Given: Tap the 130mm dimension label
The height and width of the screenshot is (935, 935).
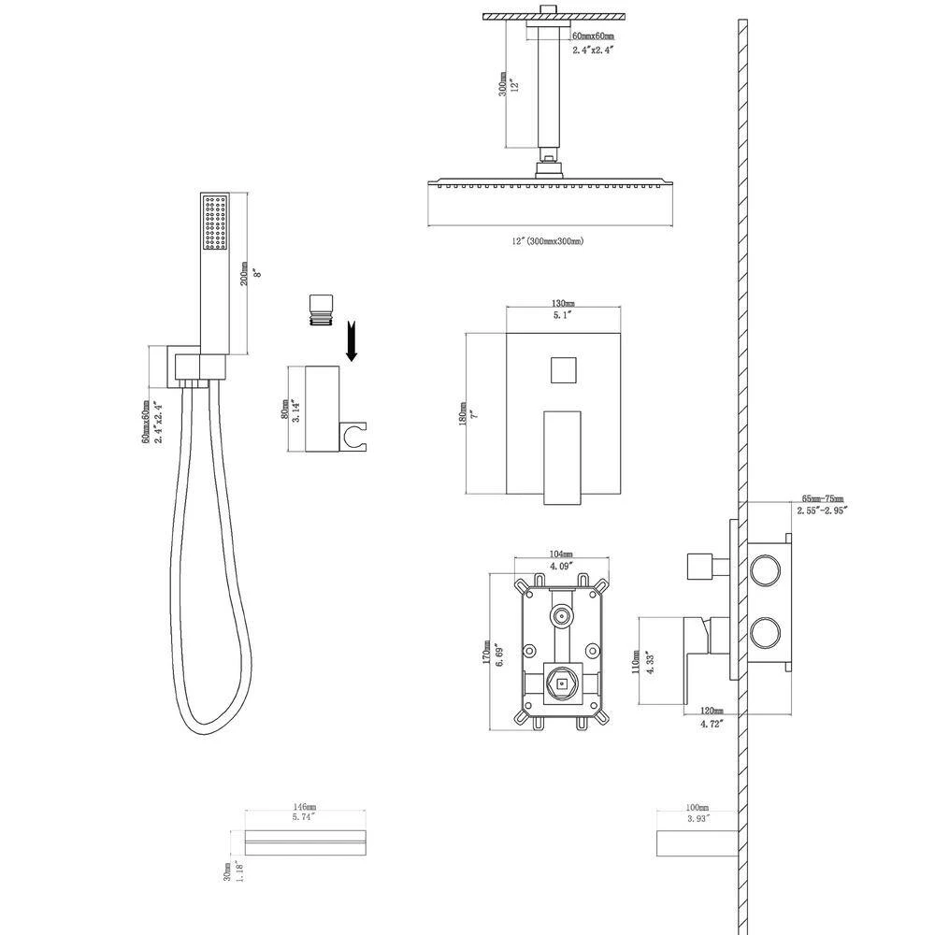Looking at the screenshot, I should pos(563,303).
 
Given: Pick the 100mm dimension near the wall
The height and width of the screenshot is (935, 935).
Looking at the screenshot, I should pos(697,807).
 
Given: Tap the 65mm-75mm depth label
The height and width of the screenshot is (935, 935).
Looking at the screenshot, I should pos(822,499).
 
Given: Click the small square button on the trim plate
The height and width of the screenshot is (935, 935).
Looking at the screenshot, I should pos(563,369).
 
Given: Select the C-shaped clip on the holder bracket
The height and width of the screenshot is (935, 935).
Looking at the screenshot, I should pos(355,431).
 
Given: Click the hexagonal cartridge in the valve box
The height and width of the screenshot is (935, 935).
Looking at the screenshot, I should pos(563,685).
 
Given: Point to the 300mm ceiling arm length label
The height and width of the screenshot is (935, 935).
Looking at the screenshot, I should pos(503,87).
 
